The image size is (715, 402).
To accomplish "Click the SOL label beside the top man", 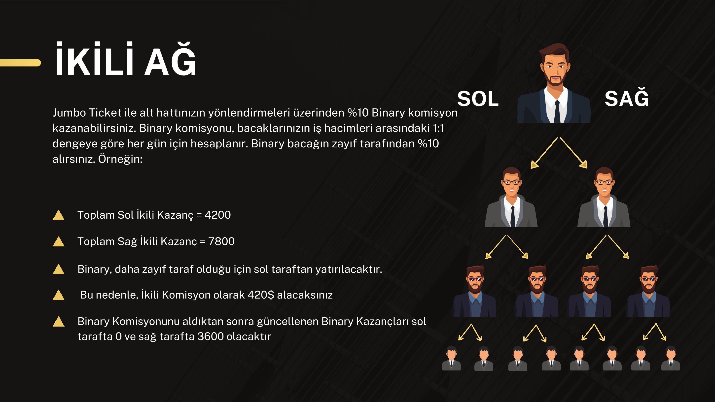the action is [x=478, y=99].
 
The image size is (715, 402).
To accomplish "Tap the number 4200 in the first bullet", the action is [x=218, y=215].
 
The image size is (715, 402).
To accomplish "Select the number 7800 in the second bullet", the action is [x=221, y=241].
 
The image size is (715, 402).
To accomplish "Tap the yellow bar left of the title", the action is [x=20, y=63].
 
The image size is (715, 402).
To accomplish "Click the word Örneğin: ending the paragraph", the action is [x=120, y=159].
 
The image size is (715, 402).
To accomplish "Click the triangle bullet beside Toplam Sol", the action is [x=59, y=215].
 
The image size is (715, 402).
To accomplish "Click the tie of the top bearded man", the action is [x=557, y=111].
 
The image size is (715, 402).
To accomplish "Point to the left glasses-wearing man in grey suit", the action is [x=511, y=197].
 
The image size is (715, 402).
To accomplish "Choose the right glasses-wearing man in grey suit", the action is [x=604, y=197].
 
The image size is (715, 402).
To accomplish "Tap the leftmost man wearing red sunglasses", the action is [x=474, y=291].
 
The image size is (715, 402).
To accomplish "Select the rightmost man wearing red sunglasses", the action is [x=647, y=291].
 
